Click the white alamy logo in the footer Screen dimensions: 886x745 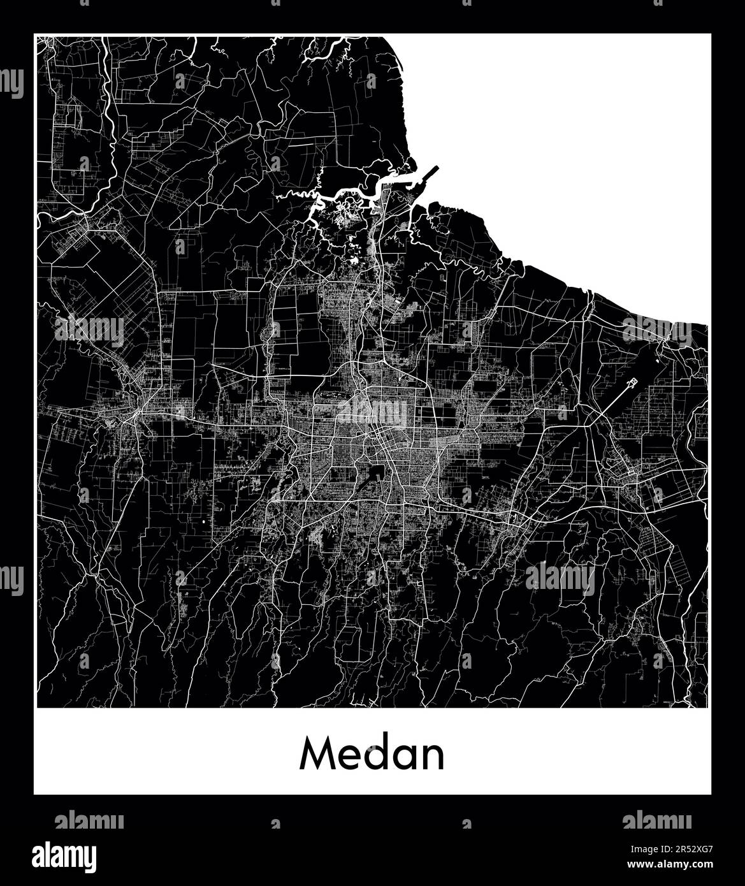coord(65,855)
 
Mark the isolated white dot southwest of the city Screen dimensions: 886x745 coord(204,522)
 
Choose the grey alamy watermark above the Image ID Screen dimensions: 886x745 coord(656,819)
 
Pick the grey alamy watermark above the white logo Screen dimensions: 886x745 coord(89,819)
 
